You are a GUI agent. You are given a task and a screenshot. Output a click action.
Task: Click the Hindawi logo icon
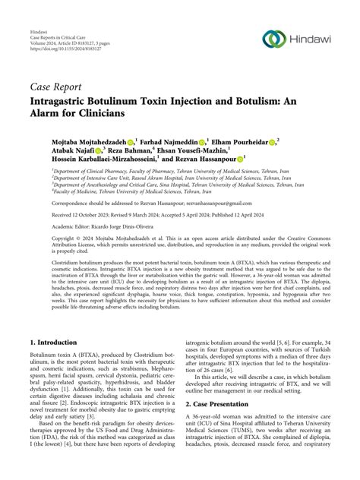click(x=273, y=39)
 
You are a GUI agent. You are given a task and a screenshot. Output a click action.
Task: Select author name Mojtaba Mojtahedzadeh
click(x=92, y=142)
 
